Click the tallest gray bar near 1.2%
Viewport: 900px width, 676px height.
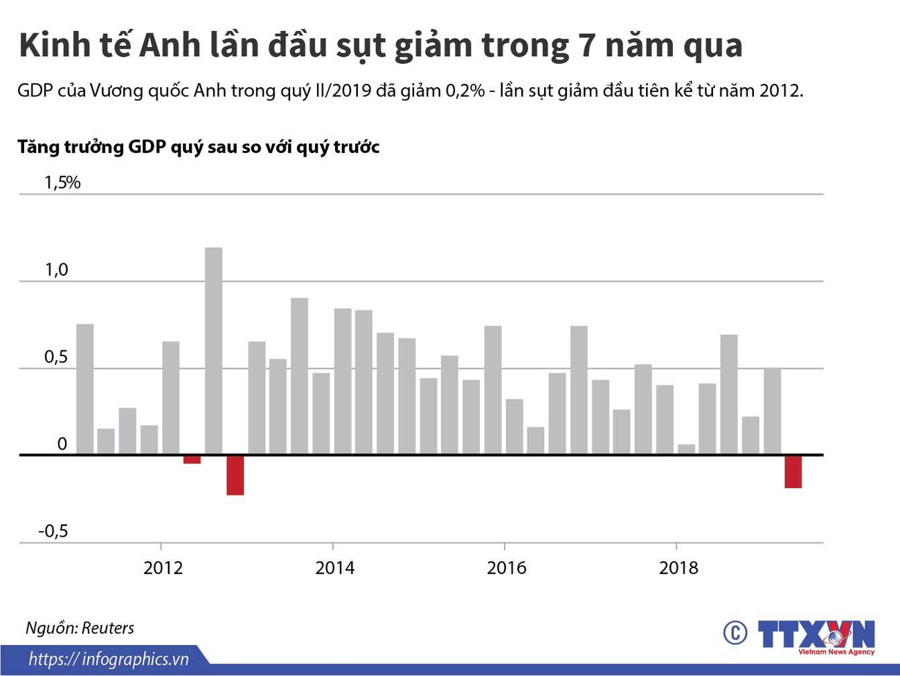click(x=213, y=350)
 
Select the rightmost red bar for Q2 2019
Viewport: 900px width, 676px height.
click(x=793, y=472)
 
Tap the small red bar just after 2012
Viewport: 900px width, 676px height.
click(x=192, y=459)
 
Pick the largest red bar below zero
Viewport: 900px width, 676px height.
click(x=235, y=475)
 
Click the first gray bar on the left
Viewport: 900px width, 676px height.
click(x=84, y=389)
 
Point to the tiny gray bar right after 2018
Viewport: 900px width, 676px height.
click(x=686, y=449)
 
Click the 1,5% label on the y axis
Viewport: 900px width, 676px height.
click(x=62, y=183)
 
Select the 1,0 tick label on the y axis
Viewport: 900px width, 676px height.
click(x=57, y=270)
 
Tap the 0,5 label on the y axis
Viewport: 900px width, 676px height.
click(x=57, y=357)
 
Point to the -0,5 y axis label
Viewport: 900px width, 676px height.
click(x=53, y=531)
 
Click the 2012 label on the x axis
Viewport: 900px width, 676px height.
click(x=163, y=568)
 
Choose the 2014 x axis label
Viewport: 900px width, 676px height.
click(x=334, y=568)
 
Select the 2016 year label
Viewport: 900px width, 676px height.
click(x=506, y=568)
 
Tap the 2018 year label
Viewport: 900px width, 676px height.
click(x=678, y=568)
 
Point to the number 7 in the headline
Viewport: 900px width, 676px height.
click(x=580, y=46)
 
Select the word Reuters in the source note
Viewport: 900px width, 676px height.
click(x=107, y=628)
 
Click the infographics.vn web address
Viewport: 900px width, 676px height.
click(x=109, y=659)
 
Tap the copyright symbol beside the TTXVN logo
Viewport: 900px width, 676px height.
click(x=735, y=632)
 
